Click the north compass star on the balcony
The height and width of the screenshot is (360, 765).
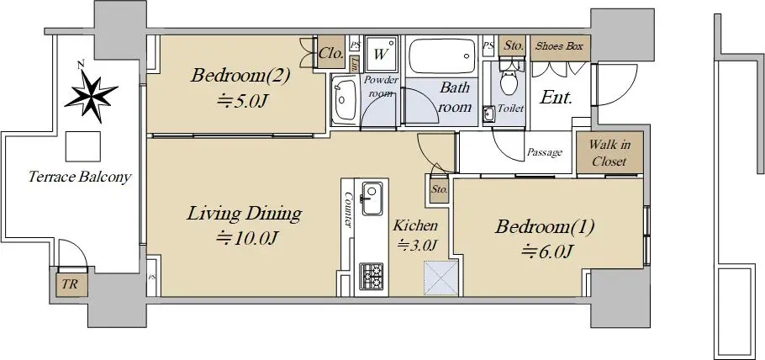tap(91, 95)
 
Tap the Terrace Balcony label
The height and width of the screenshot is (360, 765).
tap(80, 177)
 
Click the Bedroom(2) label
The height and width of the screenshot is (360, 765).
tap(241, 76)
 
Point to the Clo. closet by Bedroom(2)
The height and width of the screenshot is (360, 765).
tap(331, 53)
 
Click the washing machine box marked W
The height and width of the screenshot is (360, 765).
tap(381, 53)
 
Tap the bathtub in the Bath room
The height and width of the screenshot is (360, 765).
tap(442, 56)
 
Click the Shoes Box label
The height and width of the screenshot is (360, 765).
tap(559, 46)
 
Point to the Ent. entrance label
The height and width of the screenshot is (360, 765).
tap(557, 98)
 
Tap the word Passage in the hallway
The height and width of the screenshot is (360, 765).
tap(545, 153)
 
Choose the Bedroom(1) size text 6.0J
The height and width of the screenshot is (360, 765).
tap(547, 251)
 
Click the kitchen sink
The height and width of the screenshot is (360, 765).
tap(372, 199)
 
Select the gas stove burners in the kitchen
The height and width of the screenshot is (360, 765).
tap(372, 276)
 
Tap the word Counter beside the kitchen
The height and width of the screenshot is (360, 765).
tap(348, 209)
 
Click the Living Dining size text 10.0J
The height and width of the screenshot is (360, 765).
tap(247, 238)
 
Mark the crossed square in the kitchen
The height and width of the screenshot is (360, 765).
tap(441, 278)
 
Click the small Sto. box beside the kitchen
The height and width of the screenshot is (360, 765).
tap(439, 189)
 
